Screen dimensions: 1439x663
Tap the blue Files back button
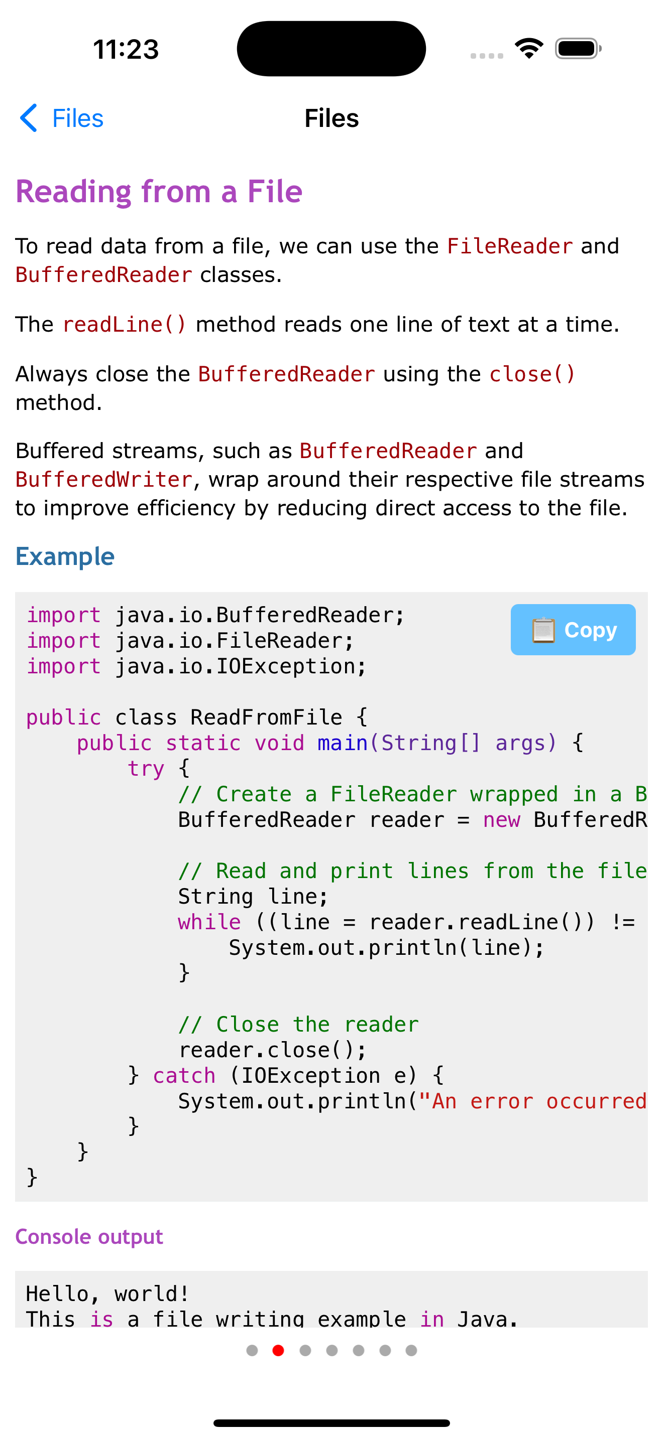click(61, 118)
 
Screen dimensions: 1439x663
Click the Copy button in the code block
click(573, 630)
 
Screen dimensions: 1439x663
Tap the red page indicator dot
click(278, 1350)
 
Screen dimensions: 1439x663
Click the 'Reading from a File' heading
click(159, 192)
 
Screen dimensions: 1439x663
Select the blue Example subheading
click(65, 556)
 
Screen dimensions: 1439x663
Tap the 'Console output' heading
click(89, 1236)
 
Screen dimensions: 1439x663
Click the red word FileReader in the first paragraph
click(509, 246)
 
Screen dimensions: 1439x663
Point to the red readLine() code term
click(124, 325)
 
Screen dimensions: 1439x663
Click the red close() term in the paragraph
click(531, 374)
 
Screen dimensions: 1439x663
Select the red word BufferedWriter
click(104, 480)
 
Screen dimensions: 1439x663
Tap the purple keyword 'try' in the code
click(145, 769)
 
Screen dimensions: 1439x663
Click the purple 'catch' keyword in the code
click(184, 1075)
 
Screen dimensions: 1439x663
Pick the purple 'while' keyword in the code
click(209, 922)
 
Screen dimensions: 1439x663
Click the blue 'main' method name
click(342, 743)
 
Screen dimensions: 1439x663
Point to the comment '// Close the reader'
click(298, 1025)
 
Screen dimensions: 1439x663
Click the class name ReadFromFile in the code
click(266, 717)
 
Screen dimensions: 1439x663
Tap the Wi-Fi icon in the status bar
click(529, 49)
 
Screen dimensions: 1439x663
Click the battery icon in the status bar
click(578, 49)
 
